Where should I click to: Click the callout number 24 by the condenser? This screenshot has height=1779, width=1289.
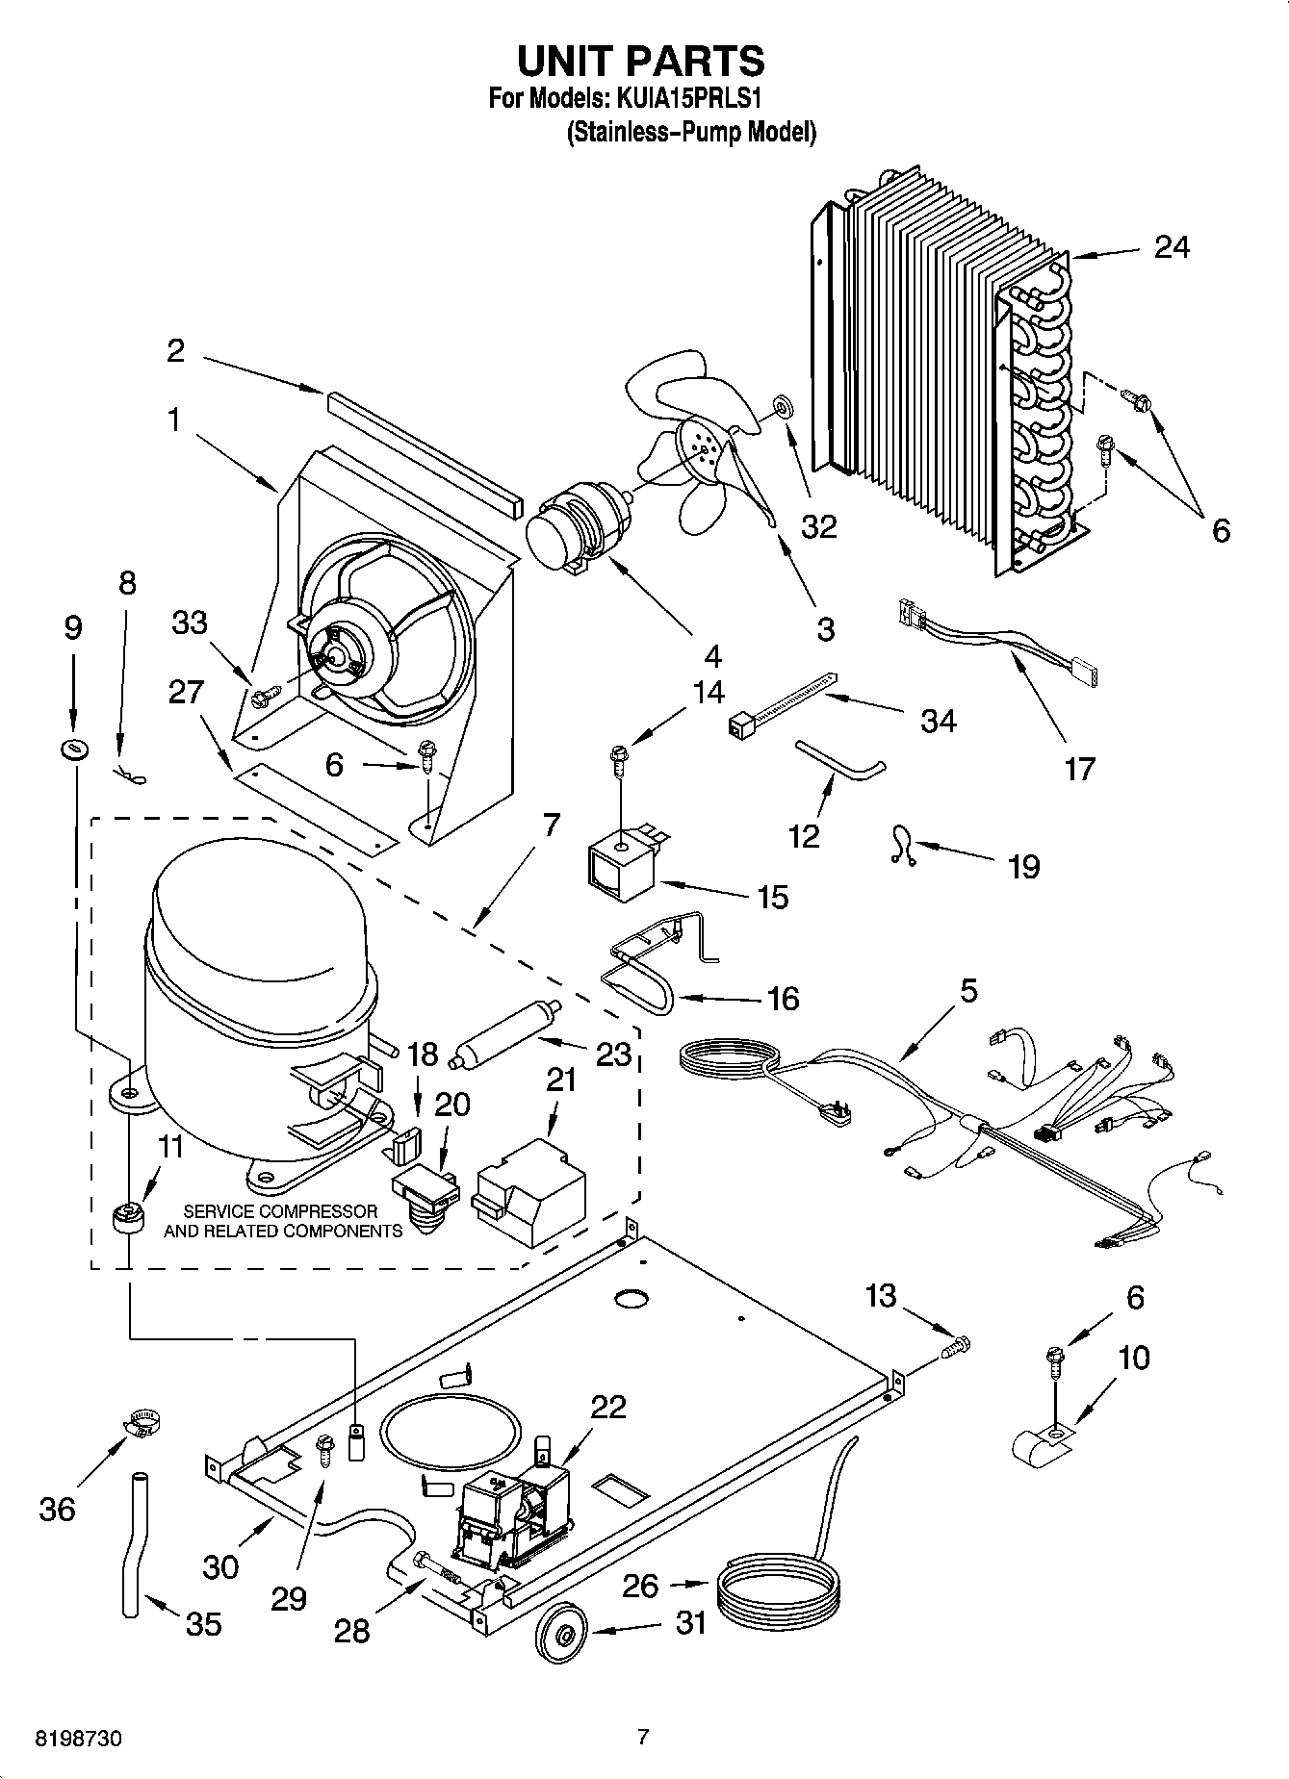click(x=1172, y=247)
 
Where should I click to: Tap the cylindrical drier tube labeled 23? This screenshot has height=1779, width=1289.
click(x=505, y=1031)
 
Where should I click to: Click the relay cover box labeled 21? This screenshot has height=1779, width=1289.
click(x=529, y=1185)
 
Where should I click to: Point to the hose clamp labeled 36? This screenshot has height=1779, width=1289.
click(x=142, y=1423)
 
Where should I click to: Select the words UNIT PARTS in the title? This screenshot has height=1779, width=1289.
click(x=641, y=61)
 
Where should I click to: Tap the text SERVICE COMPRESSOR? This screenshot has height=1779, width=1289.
click(x=280, y=1210)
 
